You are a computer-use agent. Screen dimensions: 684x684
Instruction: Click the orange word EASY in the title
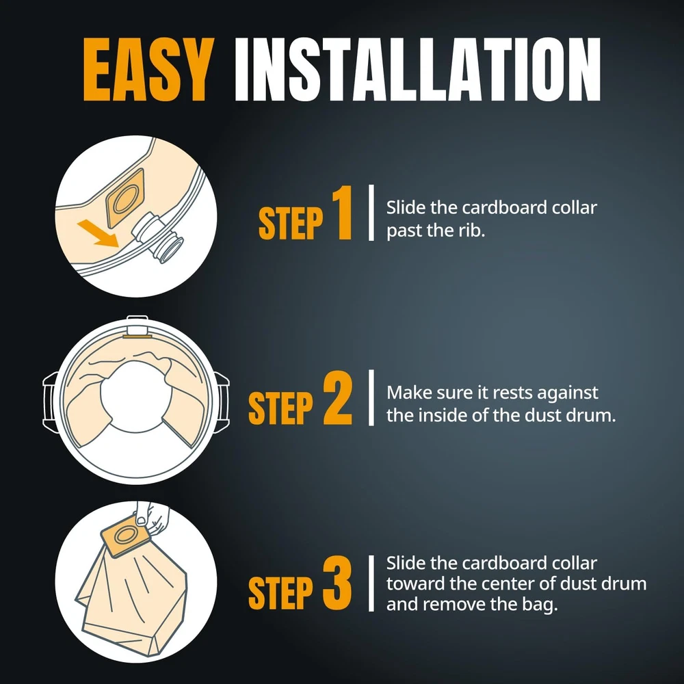click(148, 70)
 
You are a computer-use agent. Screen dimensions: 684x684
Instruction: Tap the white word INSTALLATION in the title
click(418, 70)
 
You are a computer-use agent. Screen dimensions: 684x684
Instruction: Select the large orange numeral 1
click(343, 213)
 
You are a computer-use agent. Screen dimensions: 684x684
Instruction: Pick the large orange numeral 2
click(337, 398)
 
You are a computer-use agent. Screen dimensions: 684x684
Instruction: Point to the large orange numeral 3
click(337, 583)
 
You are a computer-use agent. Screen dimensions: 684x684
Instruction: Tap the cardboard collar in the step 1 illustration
click(124, 198)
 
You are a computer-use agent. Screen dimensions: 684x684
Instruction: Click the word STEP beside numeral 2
click(281, 408)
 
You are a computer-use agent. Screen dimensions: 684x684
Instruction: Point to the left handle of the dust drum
click(51, 402)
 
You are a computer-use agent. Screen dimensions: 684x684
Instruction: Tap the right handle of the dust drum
click(222, 402)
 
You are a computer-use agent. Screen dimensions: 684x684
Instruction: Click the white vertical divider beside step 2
click(371, 398)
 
